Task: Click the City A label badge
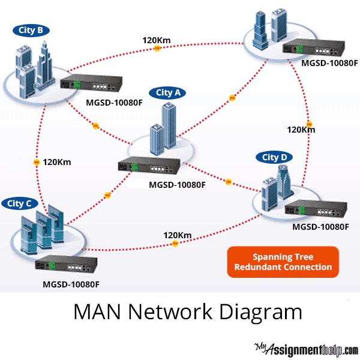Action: tap(168, 92)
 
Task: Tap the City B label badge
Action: tap(30, 30)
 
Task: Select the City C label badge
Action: tap(20, 203)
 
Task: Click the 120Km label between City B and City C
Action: tap(58, 162)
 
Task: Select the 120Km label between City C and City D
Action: tap(178, 235)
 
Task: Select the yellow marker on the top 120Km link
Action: tap(157, 48)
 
